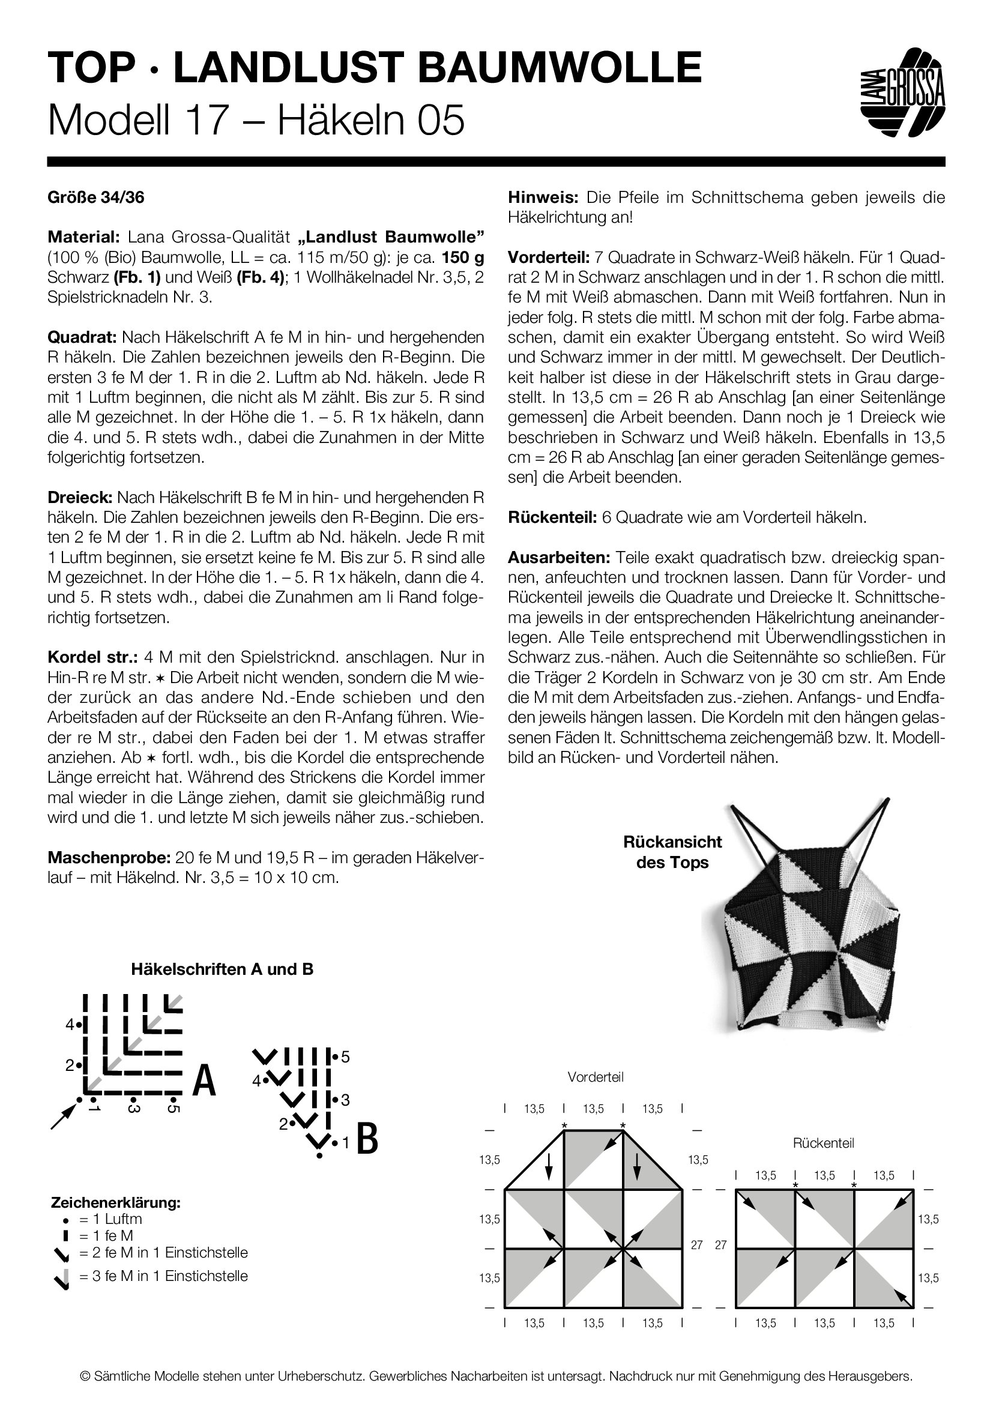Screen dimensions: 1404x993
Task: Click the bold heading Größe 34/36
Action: (96, 197)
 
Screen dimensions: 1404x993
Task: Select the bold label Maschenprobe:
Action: (109, 857)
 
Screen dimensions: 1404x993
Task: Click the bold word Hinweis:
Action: (543, 197)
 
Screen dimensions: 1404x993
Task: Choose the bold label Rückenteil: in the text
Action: (552, 517)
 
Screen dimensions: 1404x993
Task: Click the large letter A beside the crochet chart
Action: (204, 1081)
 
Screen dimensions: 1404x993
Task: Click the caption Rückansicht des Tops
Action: (672, 852)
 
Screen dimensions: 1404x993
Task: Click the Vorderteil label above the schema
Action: (595, 1077)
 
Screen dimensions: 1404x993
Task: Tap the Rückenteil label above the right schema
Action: (823, 1143)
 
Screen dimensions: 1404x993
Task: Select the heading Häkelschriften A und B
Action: (222, 969)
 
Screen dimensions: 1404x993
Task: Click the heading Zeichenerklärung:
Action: (115, 1203)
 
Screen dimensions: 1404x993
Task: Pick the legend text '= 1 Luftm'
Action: (110, 1219)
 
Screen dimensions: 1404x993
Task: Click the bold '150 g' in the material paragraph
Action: (463, 258)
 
